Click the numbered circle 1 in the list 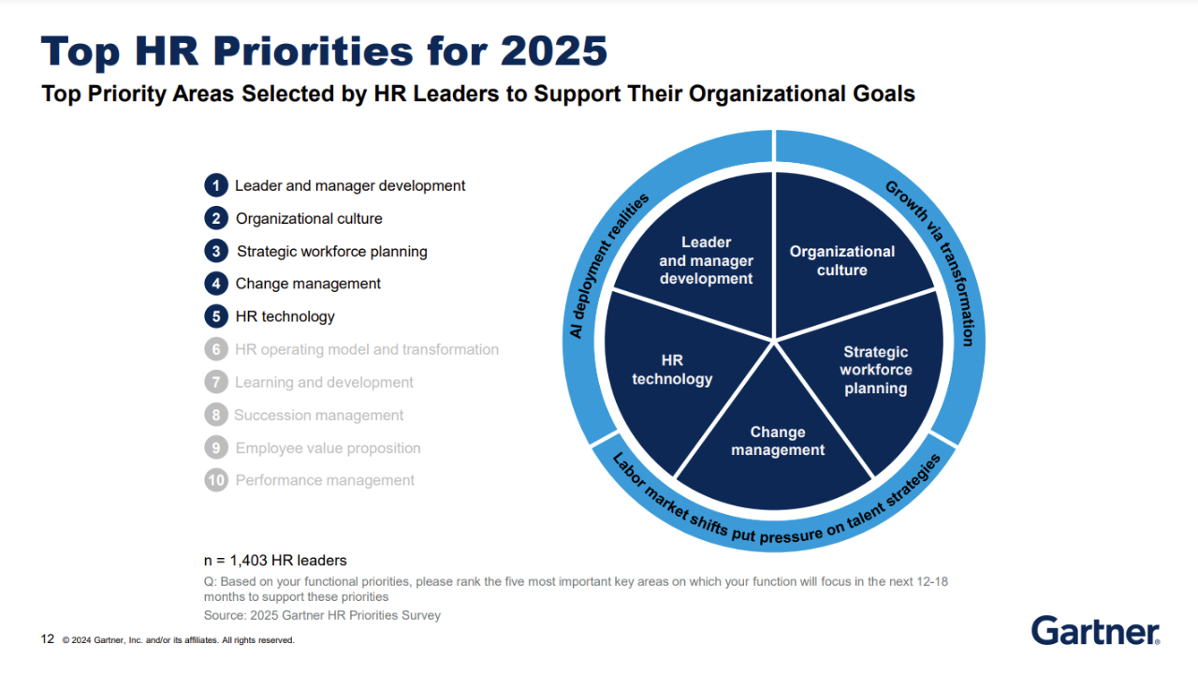pos(216,185)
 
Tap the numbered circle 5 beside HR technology pos(216,316)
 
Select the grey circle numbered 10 pos(216,480)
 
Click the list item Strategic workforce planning pos(331,252)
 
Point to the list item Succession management pos(319,415)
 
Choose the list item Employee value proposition pos(328,447)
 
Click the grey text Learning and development pos(324,382)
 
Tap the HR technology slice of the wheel pos(674,374)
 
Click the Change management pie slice pos(776,444)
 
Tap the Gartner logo pos(1095,631)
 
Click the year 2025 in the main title pos(554,51)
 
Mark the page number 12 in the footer pos(48,639)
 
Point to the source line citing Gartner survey pos(322,615)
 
